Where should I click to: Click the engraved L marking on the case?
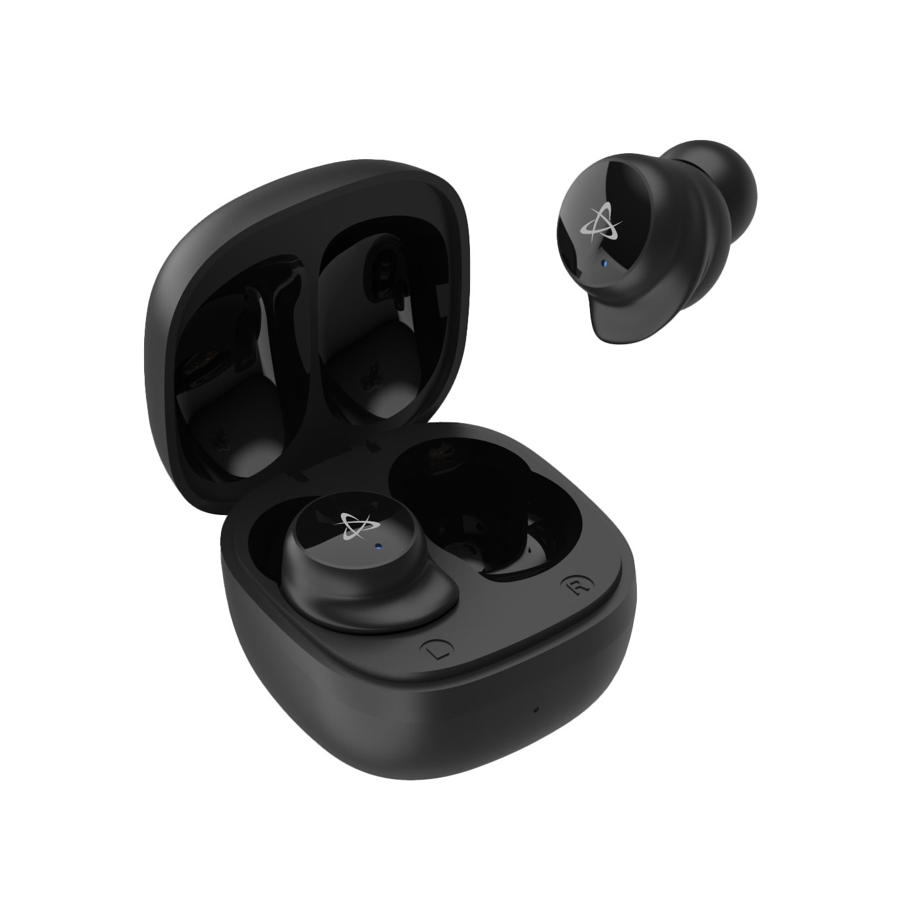[437, 649]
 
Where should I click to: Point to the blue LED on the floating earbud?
[605, 263]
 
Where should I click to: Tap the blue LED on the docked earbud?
[378, 546]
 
